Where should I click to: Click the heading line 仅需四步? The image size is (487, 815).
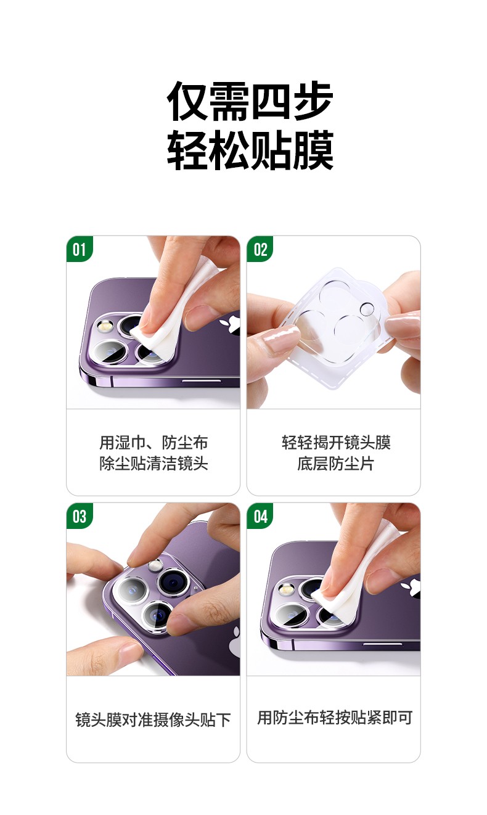[x=250, y=102]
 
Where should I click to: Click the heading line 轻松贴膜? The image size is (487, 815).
[x=250, y=150]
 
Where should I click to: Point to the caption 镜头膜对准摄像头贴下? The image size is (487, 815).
[x=153, y=719]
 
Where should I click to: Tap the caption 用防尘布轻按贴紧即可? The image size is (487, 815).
[x=334, y=718]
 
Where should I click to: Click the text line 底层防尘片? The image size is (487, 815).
[x=334, y=464]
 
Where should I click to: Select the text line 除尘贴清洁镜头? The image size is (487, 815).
[x=153, y=464]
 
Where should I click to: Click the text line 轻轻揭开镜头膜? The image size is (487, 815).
[x=334, y=443]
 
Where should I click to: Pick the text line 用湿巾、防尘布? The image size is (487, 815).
[x=153, y=443]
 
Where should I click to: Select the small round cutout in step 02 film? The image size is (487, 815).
[x=367, y=309]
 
